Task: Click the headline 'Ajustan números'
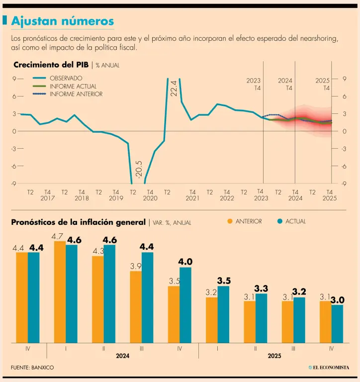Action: pos(62,21)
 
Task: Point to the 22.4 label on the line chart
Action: pos(173,88)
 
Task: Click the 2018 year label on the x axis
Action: pos(82,198)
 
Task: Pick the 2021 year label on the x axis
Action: pos(192,198)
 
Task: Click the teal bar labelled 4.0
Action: pos(185,305)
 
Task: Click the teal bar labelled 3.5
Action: pos(223,314)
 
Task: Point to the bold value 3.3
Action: pos(261,288)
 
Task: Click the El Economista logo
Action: pos(328,368)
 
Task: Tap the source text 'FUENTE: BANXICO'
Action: pos(32,368)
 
